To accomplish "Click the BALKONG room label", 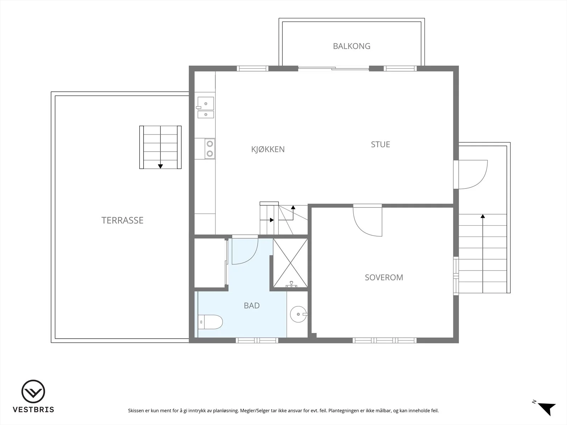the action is click(352, 46).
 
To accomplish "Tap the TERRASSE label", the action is click(123, 220).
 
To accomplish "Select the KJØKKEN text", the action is click(268, 149).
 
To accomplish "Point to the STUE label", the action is click(381, 144).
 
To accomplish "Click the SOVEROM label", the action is click(384, 277).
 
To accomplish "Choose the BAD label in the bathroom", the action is click(252, 306).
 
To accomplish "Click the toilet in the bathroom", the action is click(210, 322).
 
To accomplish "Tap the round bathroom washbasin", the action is click(298, 314).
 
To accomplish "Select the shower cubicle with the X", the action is click(290, 263).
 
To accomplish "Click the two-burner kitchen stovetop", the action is click(210, 149).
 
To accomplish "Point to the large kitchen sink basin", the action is click(206, 103).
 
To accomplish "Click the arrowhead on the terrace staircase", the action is click(161, 166).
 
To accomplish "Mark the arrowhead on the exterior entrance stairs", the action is click(483, 216).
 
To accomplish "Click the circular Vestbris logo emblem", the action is click(33, 391).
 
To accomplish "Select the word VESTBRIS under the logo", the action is click(33, 409).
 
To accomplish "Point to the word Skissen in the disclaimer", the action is click(136, 410).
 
